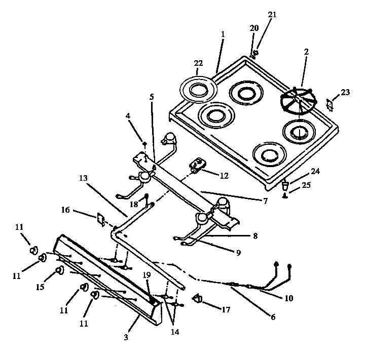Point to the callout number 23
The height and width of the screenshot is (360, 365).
click(x=345, y=92)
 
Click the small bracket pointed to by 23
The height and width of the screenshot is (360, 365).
click(x=330, y=104)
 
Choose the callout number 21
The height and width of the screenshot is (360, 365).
click(x=272, y=14)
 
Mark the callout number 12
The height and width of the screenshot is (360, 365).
click(x=224, y=176)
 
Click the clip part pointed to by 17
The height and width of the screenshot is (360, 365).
click(x=197, y=300)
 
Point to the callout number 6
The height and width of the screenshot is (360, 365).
click(x=273, y=317)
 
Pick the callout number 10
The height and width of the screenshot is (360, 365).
click(x=288, y=298)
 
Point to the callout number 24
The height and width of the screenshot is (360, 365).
click(x=315, y=171)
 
